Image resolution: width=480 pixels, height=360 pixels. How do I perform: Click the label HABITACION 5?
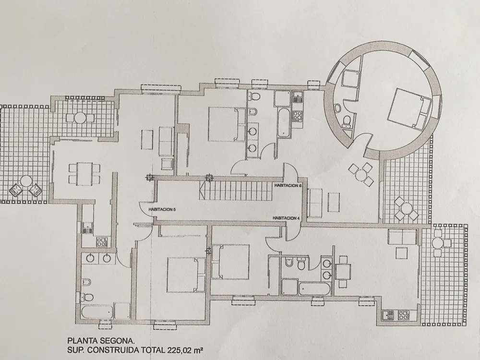[162, 209]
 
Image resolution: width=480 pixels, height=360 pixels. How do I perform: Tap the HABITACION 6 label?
[288, 185]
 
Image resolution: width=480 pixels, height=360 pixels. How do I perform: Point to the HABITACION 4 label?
[287, 218]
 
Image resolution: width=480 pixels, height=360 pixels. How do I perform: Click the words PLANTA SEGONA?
[101, 340]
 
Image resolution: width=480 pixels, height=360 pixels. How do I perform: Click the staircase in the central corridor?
[235, 190]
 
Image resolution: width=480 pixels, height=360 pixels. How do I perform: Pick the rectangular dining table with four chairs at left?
[84, 174]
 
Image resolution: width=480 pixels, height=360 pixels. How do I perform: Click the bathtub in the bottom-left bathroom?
[97, 312]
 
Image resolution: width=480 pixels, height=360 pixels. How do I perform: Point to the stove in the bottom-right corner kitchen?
[403, 315]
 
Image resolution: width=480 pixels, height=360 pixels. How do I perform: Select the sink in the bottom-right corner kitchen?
[388, 315]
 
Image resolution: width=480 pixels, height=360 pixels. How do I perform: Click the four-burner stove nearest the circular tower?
[297, 115]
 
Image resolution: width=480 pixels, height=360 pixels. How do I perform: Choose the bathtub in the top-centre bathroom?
[284, 122]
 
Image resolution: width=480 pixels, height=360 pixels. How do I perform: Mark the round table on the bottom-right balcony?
[437, 243]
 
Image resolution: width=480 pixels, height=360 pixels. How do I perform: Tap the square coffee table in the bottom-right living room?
[401, 253]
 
